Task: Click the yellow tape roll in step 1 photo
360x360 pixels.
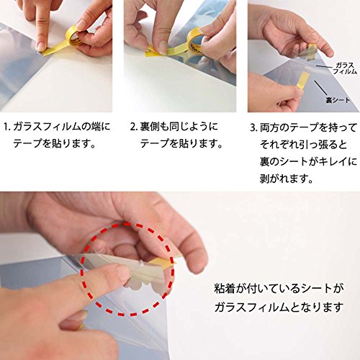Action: click(73, 35)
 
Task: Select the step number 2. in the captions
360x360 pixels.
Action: click(133, 127)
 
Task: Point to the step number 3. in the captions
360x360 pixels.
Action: click(254, 127)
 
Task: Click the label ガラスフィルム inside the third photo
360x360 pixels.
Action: click(345, 68)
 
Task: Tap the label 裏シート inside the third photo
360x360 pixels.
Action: click(338, 100)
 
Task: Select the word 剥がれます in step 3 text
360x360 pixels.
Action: click(286, 179)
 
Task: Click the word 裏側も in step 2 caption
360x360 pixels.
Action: click(154, 127)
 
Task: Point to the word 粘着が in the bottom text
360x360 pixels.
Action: click(228, 289)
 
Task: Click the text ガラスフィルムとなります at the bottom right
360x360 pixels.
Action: click(279, 307)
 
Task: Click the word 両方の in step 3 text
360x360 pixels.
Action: click(274, 127)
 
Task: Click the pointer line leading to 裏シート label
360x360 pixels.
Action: click(320, 88)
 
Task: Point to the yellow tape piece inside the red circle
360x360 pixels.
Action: click(161, 264)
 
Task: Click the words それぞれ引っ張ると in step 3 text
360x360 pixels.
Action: click(303, 145)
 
